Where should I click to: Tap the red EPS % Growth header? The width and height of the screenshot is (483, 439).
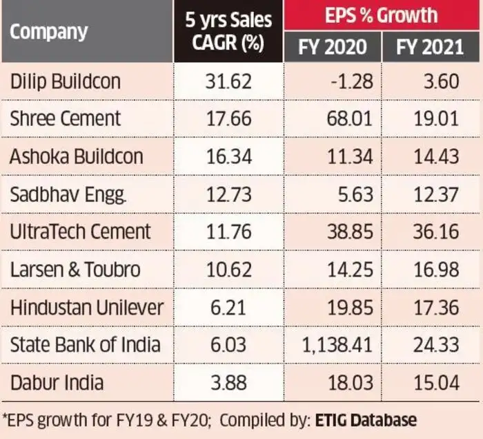pos(383,15)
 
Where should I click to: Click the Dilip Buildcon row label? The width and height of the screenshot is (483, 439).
pos(66,82)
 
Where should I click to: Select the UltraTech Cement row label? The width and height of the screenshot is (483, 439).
pos(80,232)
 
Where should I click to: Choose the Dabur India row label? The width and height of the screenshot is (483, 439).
pos(57,382)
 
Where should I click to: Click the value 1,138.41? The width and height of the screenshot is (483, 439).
pos(333,344)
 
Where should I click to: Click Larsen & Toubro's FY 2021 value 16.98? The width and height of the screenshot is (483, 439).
pos(437,269)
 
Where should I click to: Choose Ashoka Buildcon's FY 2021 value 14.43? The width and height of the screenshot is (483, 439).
pos(437,156)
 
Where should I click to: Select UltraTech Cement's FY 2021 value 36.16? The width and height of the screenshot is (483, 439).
pos(437,232)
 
